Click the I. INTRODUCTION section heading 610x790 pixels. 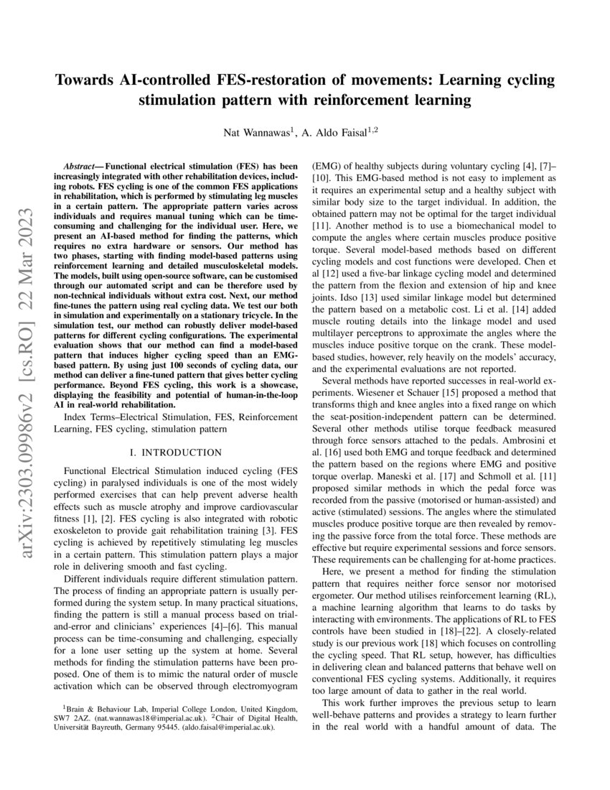tap(174, 452)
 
